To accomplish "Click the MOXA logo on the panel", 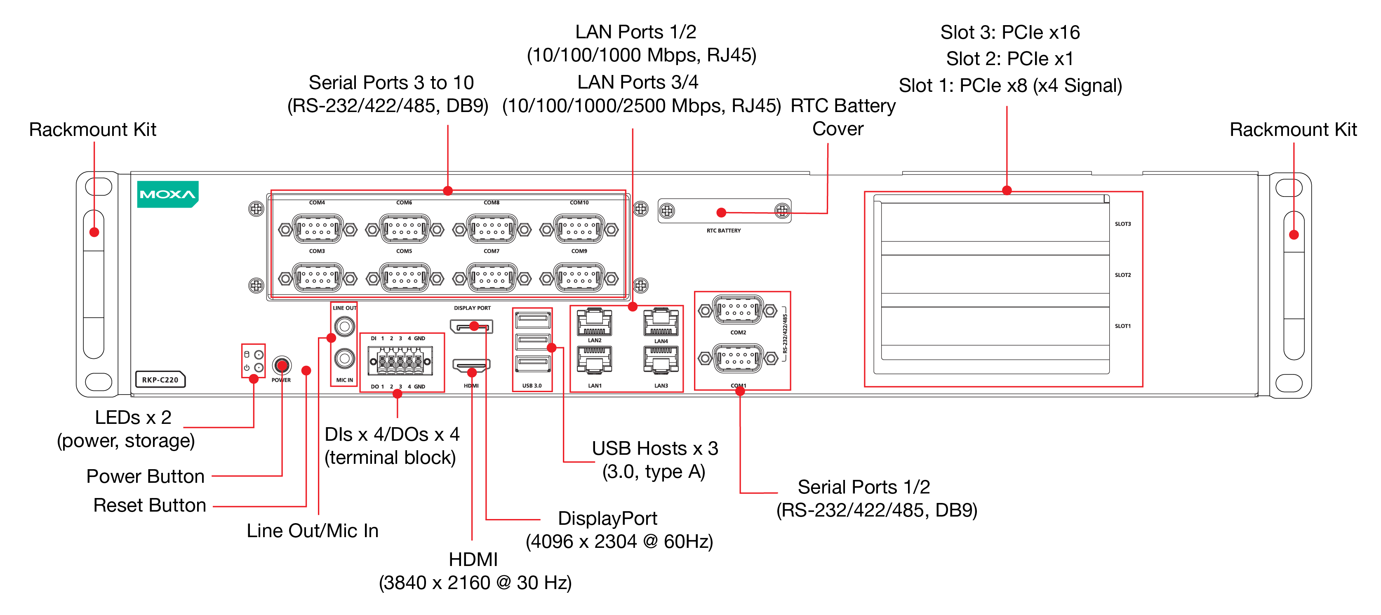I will [x=167, y=194].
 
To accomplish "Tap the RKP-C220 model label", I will [x=160, y=379].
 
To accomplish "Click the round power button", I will [x=282, y=365].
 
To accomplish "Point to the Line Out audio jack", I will [x=345, y=326].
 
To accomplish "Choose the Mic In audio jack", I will [x=345, y=358].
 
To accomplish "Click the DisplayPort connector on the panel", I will [x=471, y=326].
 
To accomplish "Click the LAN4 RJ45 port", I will [x=661, y=323].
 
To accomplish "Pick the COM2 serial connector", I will [x=738, y=310].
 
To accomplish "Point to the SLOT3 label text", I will [x=1122, y=224].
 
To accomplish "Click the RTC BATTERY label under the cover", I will [x=723, y=230].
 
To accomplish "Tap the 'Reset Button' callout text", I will [x=150, y=505].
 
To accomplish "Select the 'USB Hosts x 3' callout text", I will [x=654, y=449].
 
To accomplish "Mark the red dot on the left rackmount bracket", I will [x=94, y=232].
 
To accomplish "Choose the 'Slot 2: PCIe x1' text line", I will [x=1009, y=58].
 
